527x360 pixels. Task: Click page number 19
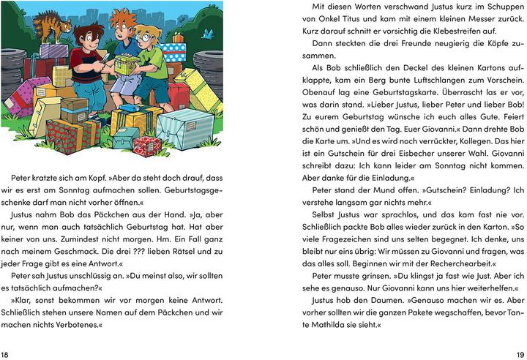tap(518, 353)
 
